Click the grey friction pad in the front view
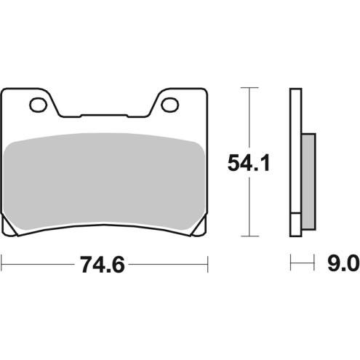coord(105,182)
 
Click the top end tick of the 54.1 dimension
coord(250,88)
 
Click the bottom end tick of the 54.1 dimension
coord(250,237)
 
